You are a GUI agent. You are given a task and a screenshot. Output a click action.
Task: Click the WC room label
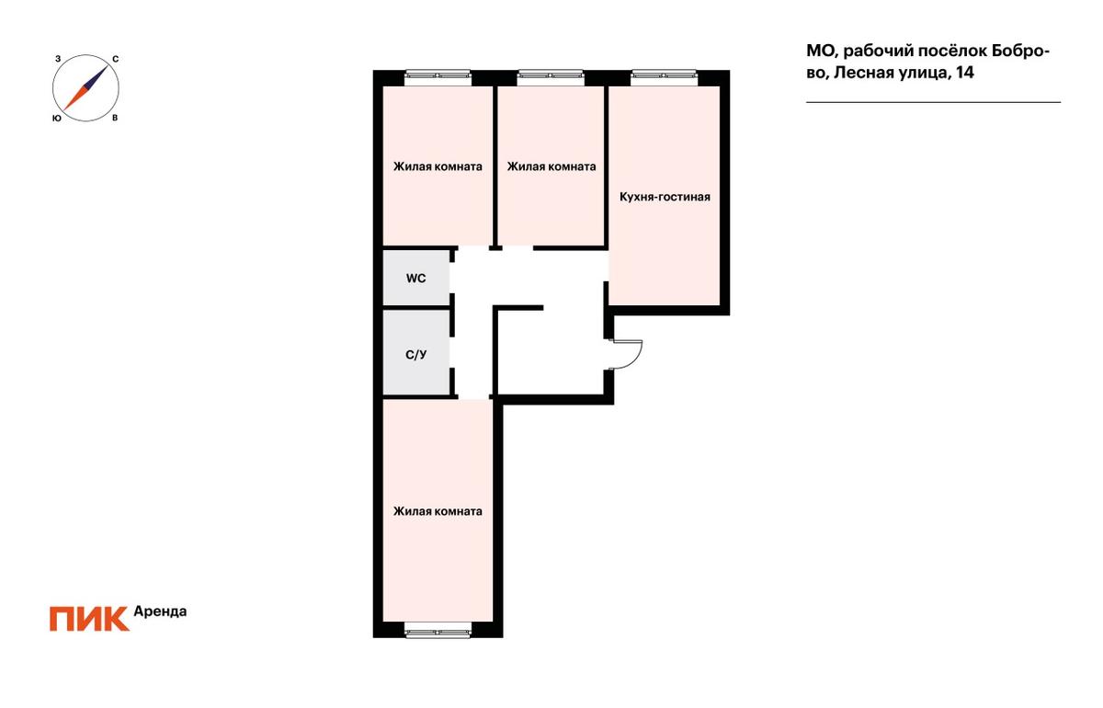(x=416, y=279)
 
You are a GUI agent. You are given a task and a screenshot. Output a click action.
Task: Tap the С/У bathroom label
(x=416, y=355)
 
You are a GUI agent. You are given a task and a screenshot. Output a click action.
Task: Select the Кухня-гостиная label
(x=665, y=197)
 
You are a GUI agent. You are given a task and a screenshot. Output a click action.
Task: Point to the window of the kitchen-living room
(x=665, y=75)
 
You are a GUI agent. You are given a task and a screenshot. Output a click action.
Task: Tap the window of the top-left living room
(x=438, y=75)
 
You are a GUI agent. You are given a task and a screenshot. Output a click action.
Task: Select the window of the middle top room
(x=551, y=75)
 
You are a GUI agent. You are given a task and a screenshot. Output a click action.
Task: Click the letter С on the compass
(x=115, y=59)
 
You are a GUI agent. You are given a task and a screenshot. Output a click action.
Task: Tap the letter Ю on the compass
(x=57, y=119)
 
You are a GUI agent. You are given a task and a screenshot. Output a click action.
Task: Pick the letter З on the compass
(x=58, y=59)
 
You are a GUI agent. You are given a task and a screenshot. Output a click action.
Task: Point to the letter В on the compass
(x=115, y=119)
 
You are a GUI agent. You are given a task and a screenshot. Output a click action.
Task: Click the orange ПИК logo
(x=89, y=619)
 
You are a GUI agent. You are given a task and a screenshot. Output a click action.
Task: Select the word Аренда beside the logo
(x=160, y=611)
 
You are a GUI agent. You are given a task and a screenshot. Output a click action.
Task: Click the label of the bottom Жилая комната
(x=438, y=511)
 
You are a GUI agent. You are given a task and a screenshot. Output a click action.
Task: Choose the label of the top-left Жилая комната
(x=438, y=166)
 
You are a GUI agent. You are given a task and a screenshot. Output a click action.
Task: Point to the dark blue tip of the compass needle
(x=107, y=67)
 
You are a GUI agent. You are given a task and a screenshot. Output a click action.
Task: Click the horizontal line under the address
(x=933, y=102)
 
